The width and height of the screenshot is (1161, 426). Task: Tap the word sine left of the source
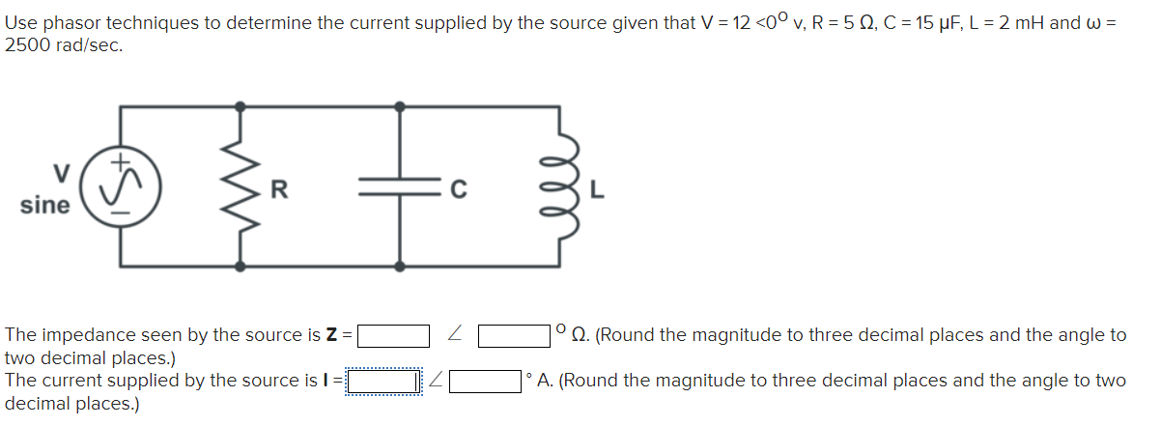44,206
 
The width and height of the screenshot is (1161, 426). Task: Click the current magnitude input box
384,381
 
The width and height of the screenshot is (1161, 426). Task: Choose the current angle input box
486,381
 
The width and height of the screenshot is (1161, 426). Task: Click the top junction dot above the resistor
240,105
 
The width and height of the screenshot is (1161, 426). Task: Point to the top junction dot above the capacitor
399,105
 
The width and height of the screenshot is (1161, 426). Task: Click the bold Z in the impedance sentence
331,336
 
